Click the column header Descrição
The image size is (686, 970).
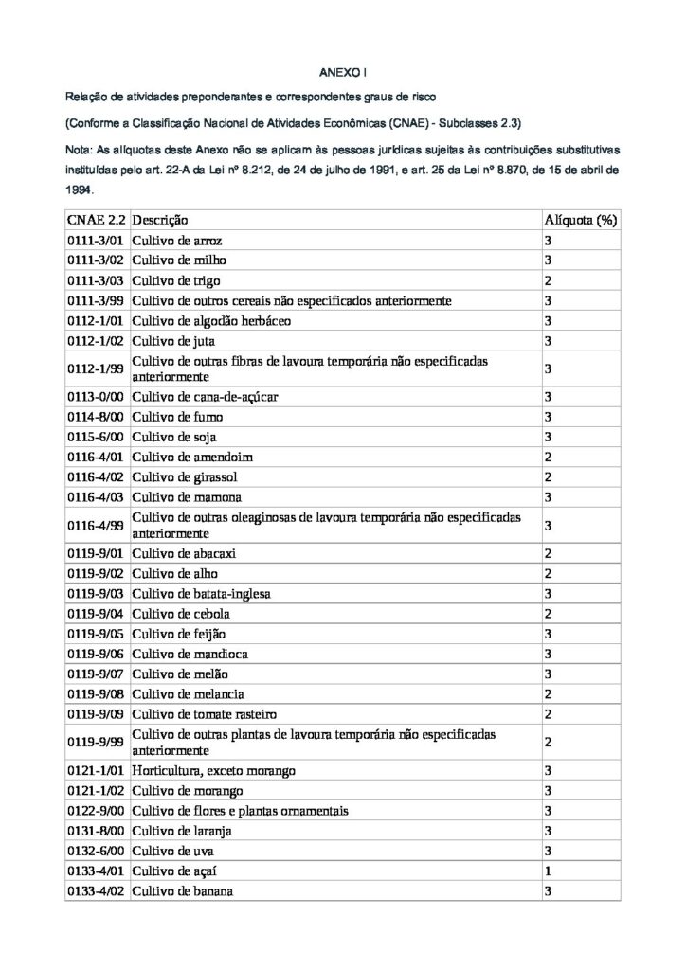[x=160, y=220]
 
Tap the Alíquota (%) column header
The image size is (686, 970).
[x=580, y=220]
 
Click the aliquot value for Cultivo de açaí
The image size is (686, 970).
[x=548, y=870]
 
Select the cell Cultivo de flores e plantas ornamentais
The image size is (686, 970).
[x=241, y=810]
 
